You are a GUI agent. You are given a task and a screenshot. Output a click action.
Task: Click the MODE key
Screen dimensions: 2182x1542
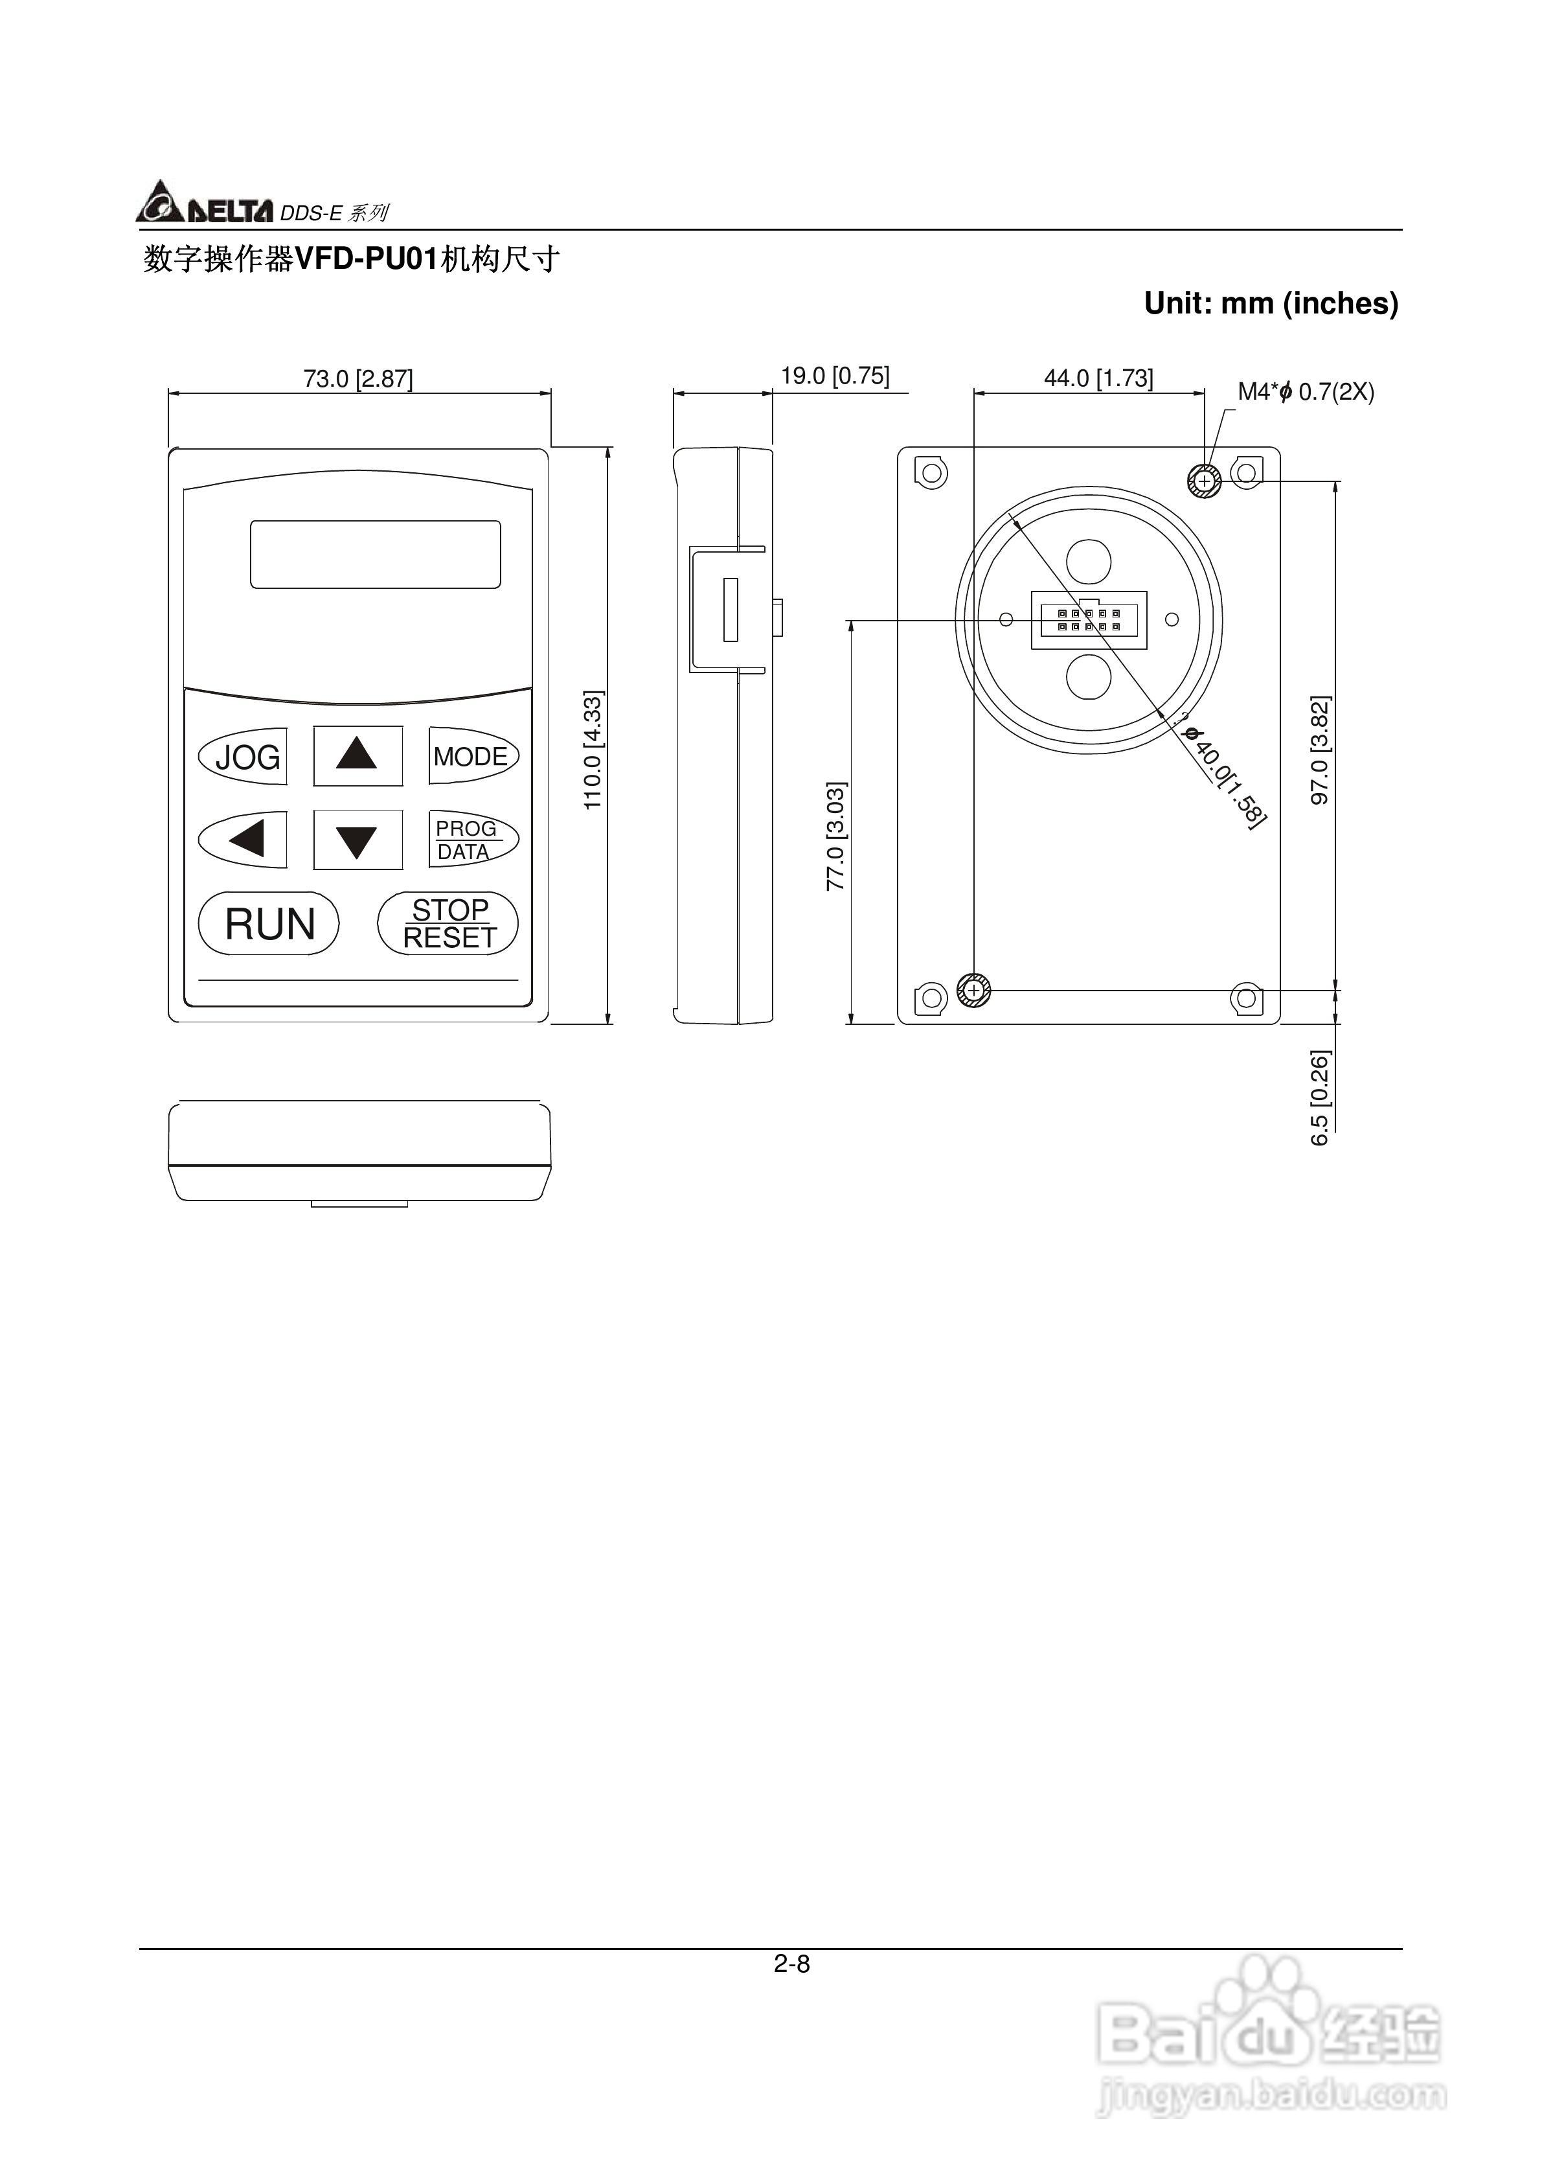click(x=472, y=757)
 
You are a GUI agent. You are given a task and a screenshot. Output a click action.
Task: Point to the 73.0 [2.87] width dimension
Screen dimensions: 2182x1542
click(x=358, y=378)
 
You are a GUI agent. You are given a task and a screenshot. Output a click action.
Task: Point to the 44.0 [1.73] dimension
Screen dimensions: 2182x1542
click(x=1098, y=378)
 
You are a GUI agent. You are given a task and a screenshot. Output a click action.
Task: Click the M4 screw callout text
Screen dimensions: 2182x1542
click(x=1306, y=391)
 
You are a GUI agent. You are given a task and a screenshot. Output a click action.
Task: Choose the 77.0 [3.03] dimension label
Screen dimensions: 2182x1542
click(x=836, y=836)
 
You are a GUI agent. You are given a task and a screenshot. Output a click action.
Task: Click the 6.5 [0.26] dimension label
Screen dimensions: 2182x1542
click(x=1321, y=1097)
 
